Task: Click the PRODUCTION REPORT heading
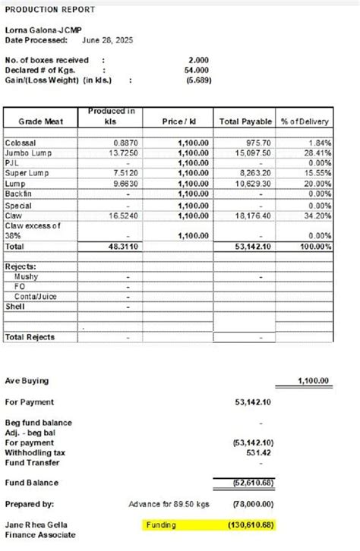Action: click(50, 9)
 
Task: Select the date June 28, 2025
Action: click(107, 39)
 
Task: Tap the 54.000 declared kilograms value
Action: click(198, 70)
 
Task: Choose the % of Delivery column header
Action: click(305, 121)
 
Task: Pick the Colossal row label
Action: click(21, 143)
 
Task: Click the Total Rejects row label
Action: click(30, 336)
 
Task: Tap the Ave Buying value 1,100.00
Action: click(312, 381)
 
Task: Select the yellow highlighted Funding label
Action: click(163, 524)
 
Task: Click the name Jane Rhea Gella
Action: click(36, 525)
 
